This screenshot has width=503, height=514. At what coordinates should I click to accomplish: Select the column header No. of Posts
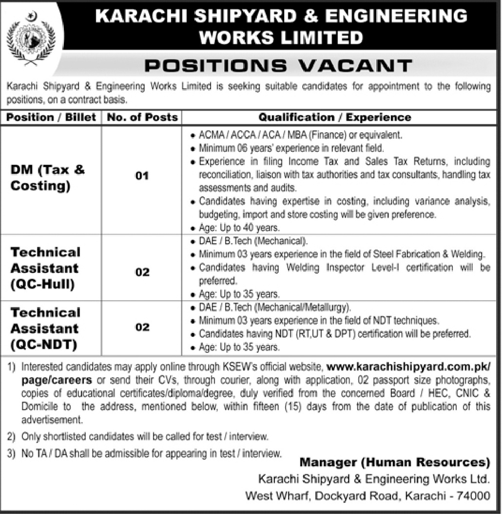click(142, 118)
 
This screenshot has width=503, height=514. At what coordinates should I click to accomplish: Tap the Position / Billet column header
click(51, 118)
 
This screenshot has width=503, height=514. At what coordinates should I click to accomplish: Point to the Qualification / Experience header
click(334, 118)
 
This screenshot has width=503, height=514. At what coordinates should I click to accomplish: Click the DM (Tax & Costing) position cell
click(47, 178)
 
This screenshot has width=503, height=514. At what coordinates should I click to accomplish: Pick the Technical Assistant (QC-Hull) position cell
click(45, 268)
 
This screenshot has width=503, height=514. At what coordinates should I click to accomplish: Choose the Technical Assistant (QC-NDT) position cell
click(45, 328)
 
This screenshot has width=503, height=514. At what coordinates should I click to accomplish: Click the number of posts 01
click(142, 175)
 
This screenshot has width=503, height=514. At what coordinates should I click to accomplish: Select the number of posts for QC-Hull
click(142, 272)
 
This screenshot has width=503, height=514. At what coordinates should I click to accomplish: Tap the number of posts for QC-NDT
click(142, 327)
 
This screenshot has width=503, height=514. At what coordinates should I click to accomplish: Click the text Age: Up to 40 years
click(239, 227)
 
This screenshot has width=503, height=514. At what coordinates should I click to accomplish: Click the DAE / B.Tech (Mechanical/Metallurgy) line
click(275, 308)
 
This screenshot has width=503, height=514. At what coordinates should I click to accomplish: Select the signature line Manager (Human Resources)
click(394, 462)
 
